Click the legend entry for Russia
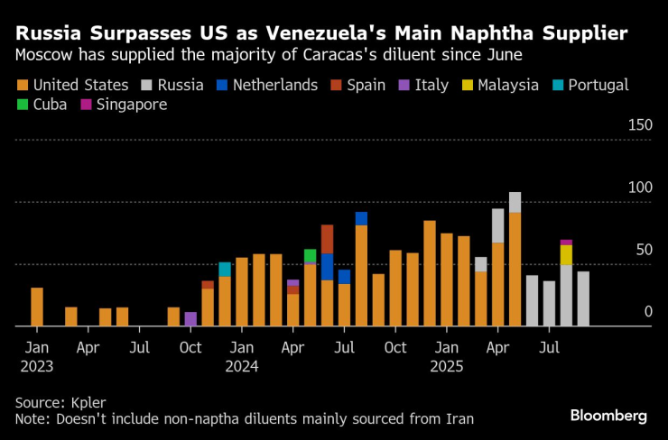click(x=172, y=86)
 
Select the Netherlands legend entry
click(x=265, y=86)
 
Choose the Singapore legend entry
click(x=120, y=105)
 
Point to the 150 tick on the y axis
click(x=639, y=124)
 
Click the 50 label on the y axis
click(x=643, y=250)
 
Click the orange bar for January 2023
click(x=37, y=307)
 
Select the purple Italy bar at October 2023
click(x=190, y=318)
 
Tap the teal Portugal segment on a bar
click(x=225, y=270)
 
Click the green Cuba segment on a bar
click(x=310, y=256)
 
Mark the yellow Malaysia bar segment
click(x=566, y=255)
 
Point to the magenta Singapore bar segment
click(x=566, y=243)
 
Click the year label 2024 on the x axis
click(x=242, y=366)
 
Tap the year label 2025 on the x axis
click(x=447, y=366)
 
